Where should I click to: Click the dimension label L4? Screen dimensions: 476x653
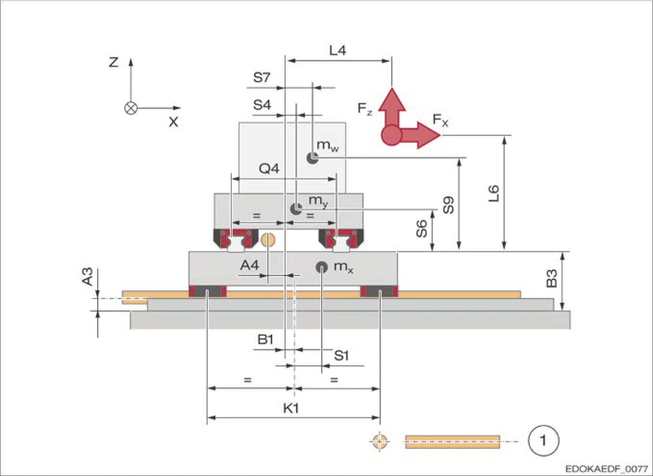coord(338,50)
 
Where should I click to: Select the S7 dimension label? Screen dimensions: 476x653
coord(262,77)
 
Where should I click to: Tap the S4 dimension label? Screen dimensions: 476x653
coord(262,104)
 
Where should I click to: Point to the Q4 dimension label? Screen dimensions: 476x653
coord(268,168)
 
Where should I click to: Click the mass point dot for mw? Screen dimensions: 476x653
coord(313,157)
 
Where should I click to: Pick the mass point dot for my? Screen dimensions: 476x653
coord(296,209)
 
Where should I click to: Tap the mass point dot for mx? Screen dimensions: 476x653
coord(321,267)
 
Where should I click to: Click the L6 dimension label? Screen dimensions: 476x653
coord(494,193)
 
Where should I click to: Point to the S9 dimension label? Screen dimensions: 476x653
coord(448,205)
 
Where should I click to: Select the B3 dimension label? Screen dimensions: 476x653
coord(552,278)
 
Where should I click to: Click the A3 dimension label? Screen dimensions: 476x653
coord(87,277)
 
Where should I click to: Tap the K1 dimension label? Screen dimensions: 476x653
coord(290,408)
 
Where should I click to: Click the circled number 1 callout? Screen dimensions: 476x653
coord(543,440)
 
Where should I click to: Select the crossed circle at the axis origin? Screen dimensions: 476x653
coord(131,108)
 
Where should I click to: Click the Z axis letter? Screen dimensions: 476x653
coord(113,62)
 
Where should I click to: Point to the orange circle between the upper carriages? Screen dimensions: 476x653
coord(268,239)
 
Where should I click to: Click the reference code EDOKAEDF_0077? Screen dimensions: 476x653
coord(606,468)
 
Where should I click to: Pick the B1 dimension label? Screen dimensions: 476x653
coord(265,339)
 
